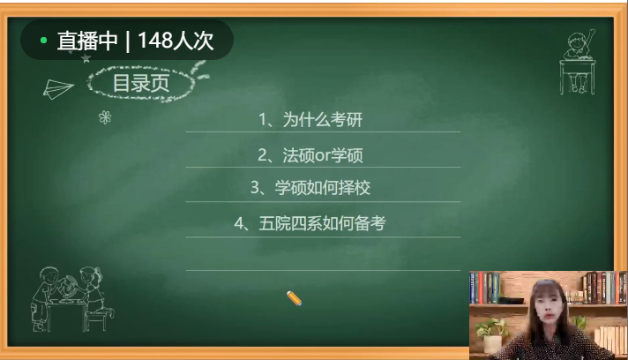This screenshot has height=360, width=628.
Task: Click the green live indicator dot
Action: tap(43, 40)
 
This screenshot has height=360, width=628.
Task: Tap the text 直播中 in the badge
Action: tap(87, 41)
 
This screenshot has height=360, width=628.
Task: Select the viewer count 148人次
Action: tap(176, 41)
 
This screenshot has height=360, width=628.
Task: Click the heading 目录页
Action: tap(141, 83)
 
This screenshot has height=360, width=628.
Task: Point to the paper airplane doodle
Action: tap(58, 89)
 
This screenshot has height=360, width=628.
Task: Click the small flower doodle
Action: tap(105, 117)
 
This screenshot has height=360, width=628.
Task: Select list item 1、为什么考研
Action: tap(310, 119)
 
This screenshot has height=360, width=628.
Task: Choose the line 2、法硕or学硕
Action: tap(310, 155)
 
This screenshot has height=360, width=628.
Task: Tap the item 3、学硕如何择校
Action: tap(310, 187)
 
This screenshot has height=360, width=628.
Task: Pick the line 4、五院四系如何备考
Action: tap(310, 223)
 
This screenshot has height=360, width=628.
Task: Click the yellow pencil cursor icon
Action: tap(294, 298)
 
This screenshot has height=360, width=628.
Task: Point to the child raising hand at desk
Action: tap(578, 62)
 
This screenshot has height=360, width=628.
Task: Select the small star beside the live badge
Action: tap(86, 59)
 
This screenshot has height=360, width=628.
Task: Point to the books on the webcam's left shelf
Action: tap(485, 287)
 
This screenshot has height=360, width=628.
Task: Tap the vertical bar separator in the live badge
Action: tap(128, 41)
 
